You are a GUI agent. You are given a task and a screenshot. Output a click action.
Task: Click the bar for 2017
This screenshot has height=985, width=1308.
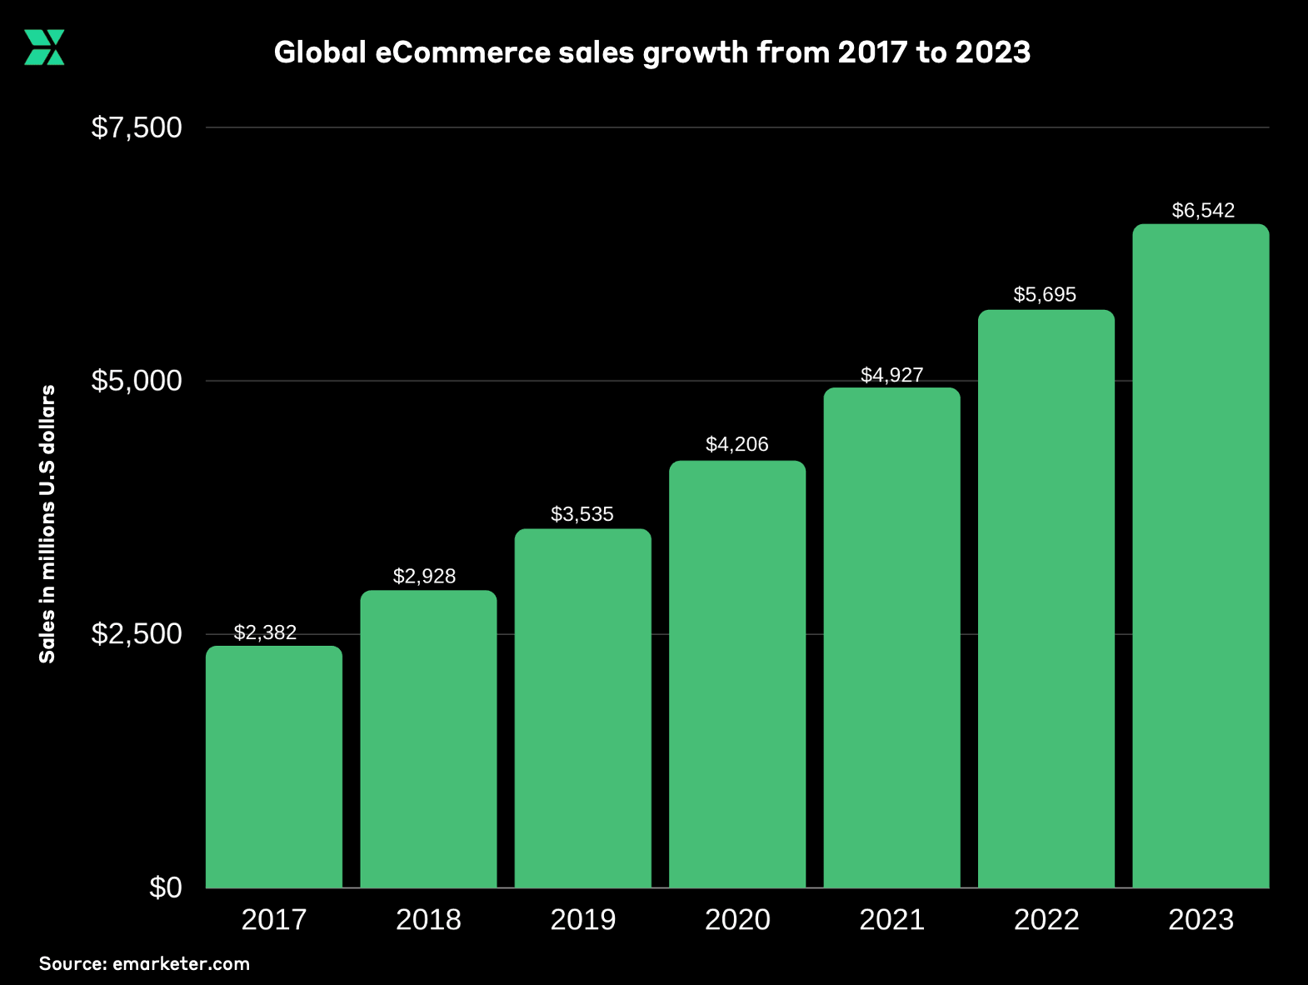(x=273, y=767)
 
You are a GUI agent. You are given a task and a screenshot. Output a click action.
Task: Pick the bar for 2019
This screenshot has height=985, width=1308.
(x=582, y=708)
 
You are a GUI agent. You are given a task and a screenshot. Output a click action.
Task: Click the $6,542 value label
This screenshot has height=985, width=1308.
(x=1203, y=210)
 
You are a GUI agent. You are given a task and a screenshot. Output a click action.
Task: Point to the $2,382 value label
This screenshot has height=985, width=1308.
(x=265, y=632)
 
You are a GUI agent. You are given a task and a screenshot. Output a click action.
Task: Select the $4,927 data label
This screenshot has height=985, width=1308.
(x=891, y=375)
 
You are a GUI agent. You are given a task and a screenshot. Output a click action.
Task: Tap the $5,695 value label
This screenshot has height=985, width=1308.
(x=1045, y=294)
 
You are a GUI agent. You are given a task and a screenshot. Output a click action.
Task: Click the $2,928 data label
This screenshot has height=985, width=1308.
(x=424, y=576)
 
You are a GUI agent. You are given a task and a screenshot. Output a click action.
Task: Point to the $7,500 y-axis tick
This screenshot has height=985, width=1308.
(x=137, y=127)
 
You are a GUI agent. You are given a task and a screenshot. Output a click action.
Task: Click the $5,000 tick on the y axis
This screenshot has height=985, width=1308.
(x=137, y=381)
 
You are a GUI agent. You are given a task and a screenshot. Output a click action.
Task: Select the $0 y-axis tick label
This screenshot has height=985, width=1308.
(x=165, y=887)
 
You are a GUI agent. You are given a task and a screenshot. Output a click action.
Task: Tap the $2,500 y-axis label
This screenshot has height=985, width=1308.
(x=137, y=634)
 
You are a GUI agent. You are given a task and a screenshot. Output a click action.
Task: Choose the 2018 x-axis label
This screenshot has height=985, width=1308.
(x=428, y=919)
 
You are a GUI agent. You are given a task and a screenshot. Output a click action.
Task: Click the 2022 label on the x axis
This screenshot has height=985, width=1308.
(x=1046, y=919)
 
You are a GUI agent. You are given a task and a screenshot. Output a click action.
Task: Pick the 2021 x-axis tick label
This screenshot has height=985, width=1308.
(x=891, y=919)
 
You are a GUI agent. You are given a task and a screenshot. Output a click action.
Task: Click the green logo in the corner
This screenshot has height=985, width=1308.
(x=44, y=47)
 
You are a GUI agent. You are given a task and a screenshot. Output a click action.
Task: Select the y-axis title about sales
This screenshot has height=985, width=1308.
(x=47, y=523)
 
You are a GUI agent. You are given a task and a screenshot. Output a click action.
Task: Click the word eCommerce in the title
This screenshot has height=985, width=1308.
(x=462, y=52)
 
